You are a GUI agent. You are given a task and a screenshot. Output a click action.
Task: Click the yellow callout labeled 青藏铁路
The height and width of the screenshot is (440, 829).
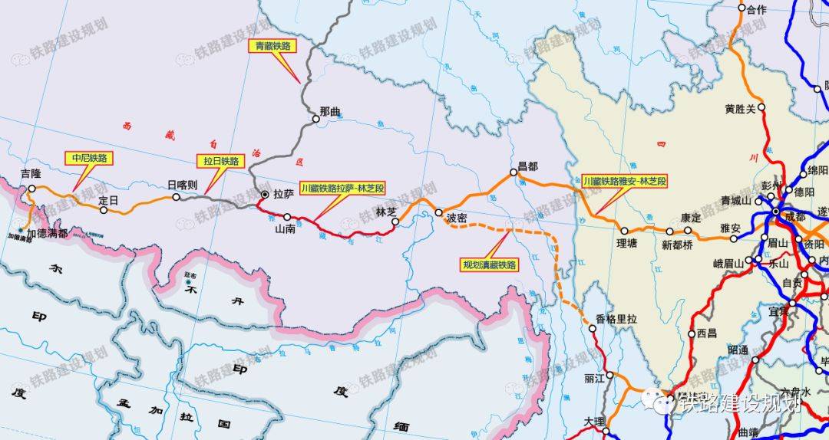coord(274,46)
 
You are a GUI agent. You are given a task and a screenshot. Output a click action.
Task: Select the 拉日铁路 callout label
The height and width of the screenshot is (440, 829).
coord(220,161)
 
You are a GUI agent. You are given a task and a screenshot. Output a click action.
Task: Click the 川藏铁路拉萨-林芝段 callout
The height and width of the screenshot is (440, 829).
coord(342,188)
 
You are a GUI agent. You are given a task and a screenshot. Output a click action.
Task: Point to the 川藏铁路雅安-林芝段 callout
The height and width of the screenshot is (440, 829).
coord(625,182)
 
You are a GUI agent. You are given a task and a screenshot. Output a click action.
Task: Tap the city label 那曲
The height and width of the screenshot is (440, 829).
coord(330,112)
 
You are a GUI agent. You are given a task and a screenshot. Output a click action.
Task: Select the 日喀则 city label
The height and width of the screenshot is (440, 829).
coord(183,185)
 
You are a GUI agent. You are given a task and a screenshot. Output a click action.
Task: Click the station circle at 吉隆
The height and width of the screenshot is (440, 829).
coord(32,188)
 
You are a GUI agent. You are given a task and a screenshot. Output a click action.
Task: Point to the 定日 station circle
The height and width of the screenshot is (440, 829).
coord(104,210)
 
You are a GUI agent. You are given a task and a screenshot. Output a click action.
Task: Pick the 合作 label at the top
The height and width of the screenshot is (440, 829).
coord(757,10)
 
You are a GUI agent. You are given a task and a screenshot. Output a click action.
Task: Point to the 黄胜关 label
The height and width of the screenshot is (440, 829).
coord(740,109)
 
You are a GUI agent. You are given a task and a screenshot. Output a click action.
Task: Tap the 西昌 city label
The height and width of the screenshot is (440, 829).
coord(707,333)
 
